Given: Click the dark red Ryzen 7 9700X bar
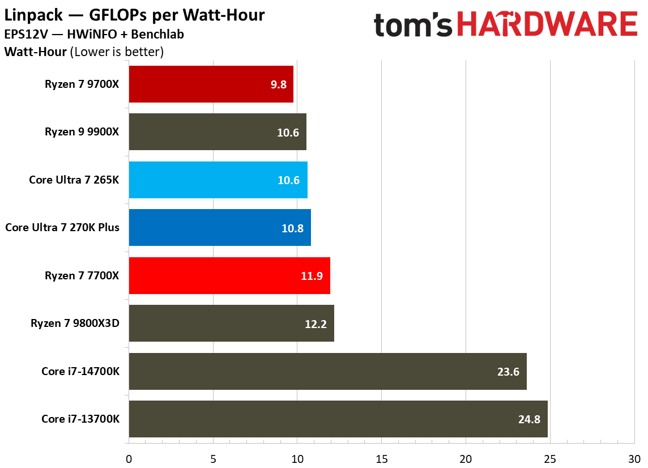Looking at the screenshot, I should pos(211,84).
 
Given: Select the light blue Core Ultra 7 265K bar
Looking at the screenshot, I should pos(218,180).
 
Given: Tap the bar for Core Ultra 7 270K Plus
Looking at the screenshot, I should pos(220,228).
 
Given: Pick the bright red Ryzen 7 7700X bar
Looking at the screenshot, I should pos(229,275).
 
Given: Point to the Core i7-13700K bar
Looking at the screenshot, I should pos(338,419).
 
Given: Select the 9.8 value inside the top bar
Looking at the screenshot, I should pos(278,84).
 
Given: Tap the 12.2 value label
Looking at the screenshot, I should pos(316,324).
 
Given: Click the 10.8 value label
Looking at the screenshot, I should pos(292,228).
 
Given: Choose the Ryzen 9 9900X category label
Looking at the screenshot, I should pos(83,132).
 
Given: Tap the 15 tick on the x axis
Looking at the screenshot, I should pos(381,458).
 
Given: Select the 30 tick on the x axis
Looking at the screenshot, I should pos(634,458).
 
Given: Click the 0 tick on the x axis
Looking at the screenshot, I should pos(129,458).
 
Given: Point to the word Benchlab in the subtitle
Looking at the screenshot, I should pos(157,35).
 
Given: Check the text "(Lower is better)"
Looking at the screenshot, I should pos(117,52).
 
